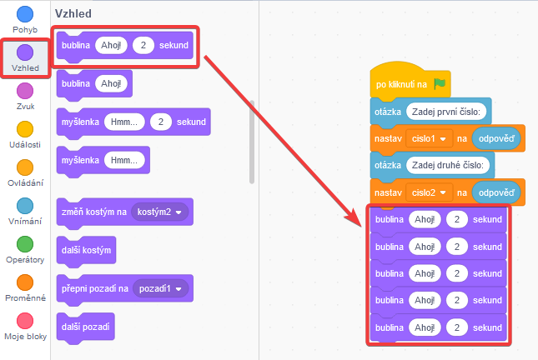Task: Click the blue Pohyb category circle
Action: [25, 14]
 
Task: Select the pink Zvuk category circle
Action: [25, 90]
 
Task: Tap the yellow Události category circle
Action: [25, 128]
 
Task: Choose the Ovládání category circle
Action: [25, 167]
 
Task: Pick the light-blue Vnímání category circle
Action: [25, 205]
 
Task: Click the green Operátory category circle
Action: [25, 243]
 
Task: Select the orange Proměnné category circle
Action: [25, 282]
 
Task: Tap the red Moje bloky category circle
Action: [25, 320]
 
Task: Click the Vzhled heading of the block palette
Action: [73, 14]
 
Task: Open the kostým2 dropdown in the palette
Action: [160, 212]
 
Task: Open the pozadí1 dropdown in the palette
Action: [159, 288]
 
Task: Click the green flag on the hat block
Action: [440, 83]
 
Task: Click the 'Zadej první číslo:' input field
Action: [447, 111]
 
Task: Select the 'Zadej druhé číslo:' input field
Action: [447, 166]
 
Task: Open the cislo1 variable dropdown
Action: [429, 138]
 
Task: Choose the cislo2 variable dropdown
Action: [429, 193]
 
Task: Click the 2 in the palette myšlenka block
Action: [160, 122]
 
